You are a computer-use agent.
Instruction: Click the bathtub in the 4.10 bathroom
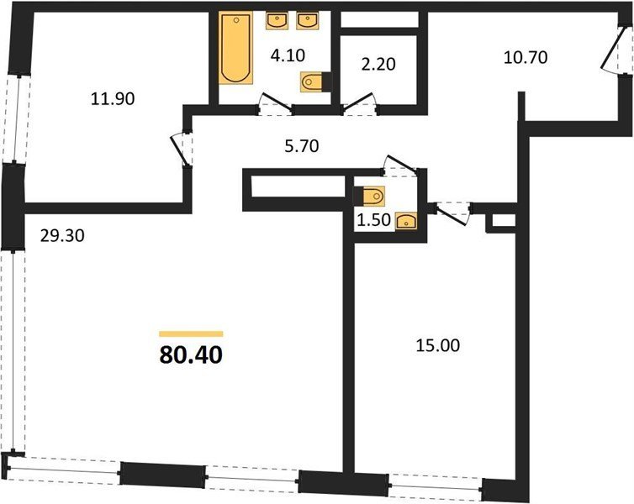(x=235, y=48)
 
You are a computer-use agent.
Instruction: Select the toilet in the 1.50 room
(x=369, y=197)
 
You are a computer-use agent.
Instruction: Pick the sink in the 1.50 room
(x=406, y=221)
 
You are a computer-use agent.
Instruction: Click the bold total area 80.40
(x=191, y=355)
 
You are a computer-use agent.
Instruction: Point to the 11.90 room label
(x=113, y=99)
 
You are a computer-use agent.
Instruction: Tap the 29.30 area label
(x=62, y=235)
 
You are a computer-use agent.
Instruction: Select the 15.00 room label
(x=438, y=346)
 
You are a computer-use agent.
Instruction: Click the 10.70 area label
(x=526, y=57)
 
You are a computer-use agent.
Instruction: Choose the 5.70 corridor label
(x=302, y=146)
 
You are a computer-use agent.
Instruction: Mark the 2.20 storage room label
(x=378, y=64)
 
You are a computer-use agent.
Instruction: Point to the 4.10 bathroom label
(x=288, y=55)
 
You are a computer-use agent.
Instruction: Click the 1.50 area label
(x=374, y=220)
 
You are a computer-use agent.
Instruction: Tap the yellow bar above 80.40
(x=191, y=334)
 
